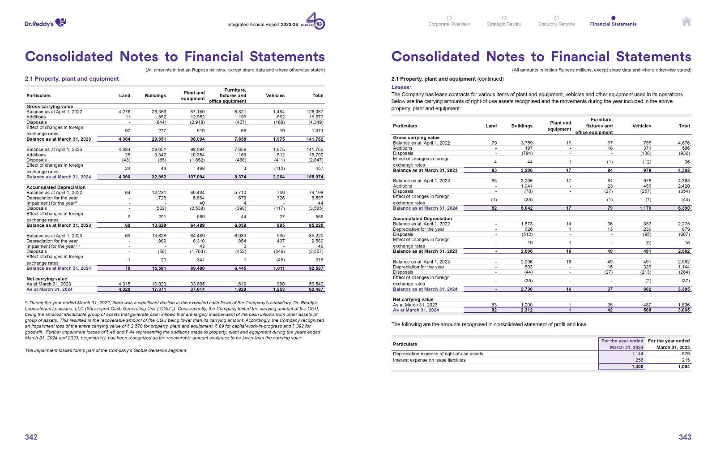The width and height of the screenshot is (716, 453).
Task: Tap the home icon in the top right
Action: (x=686, y=22)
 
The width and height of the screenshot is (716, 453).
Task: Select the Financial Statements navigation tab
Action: (x=613, y=24)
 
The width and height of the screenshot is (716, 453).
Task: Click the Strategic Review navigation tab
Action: (x=504, y=24)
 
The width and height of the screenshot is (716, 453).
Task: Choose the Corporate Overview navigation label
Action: (x=449, y=24)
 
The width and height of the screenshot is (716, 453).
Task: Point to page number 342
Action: (x=31, y=437)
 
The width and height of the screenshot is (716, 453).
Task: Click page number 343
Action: (x=685, y=437)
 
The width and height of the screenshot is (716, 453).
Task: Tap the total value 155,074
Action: (x=315, y=177)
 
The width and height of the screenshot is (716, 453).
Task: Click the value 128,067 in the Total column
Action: (x=315, y=112)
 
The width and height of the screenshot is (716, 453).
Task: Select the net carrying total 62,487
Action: (x=316, y=289)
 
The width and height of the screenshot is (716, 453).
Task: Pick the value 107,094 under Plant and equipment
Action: (x=196, y=177)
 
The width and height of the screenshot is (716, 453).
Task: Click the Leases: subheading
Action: (x=401, y=87)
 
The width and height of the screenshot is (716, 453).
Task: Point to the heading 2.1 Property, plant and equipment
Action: (x=72, y=79)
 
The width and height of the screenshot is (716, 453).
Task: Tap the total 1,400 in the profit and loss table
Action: (x=637, y=367)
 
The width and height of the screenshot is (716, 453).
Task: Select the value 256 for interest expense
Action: (x=639, y=360)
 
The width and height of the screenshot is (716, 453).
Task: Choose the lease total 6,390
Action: (x=684, y=208)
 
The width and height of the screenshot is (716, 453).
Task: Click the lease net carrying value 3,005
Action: (x=684, y=310)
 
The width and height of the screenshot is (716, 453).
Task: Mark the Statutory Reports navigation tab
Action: (x=556, y=24)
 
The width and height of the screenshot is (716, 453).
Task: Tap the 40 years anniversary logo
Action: (x=316, y=21)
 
